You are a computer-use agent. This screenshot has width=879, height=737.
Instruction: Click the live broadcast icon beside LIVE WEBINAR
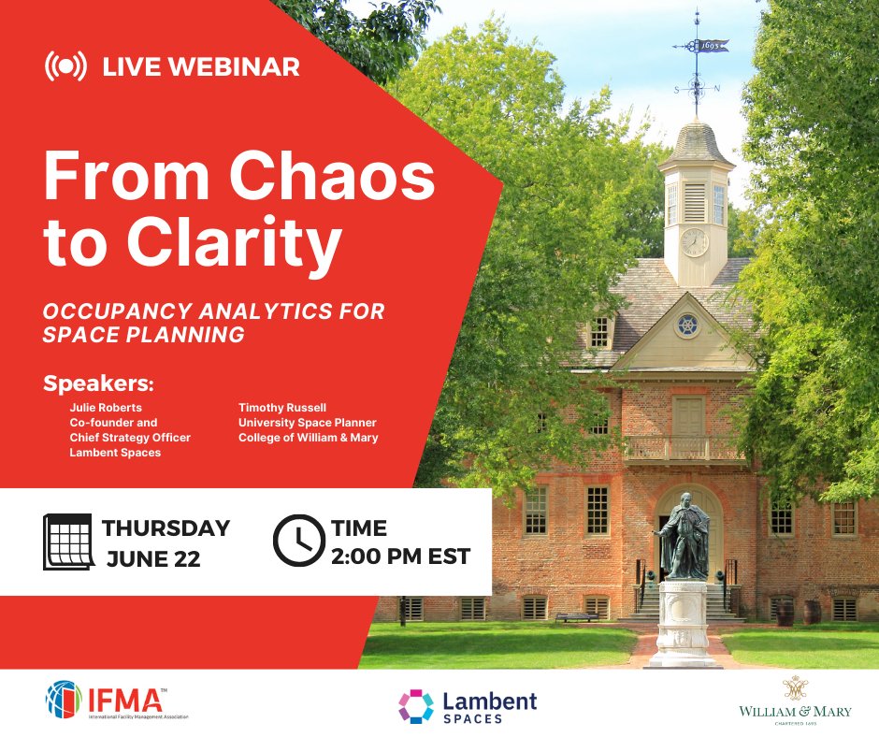pyautogui.click(x=65, y=66)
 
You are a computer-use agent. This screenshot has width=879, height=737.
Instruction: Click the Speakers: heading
pyautogui.click(x=98, y=385)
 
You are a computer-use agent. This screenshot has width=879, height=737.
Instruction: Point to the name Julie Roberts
pyautogui.click(x=105, y=409)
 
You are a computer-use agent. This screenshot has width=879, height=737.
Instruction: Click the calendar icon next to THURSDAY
pyautogui.click(x=68, y=542)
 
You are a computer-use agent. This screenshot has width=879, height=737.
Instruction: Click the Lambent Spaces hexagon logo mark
pyautogui.click(x=416, y=706)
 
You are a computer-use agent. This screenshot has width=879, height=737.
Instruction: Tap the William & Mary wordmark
pyautogui.click(x=795, y=712)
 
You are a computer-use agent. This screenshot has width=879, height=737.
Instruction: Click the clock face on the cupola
pyautogui.click(x=694, y=242)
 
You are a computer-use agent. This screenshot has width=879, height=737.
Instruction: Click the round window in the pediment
pyautogui.click(x=687, y=325)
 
